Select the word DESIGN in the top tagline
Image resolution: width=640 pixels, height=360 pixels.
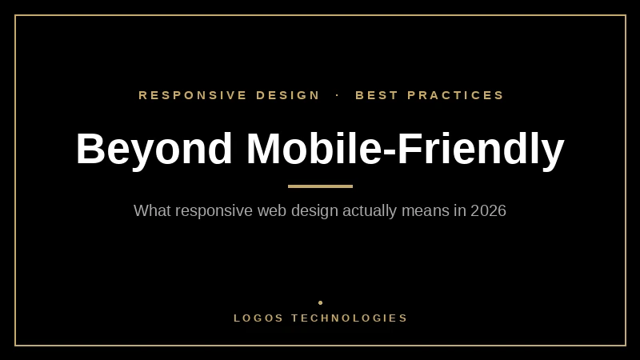pos(288,95)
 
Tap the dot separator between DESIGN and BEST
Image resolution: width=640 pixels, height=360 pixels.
pos(338,95)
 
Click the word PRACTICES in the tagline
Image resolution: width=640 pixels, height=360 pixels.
pos(456,95)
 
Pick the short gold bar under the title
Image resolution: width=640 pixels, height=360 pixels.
pos(320,186)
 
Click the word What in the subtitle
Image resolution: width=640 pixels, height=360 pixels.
pos(152,211)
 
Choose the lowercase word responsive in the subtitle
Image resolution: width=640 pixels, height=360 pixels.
pos(214,211)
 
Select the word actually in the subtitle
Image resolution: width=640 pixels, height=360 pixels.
pos(370,211)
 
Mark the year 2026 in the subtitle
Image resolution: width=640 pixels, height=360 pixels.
pos(488,211)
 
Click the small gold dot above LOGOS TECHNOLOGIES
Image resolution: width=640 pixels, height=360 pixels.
pos(320,302)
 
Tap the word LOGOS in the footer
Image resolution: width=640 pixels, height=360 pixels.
pos(258,318)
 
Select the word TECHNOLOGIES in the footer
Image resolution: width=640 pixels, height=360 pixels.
pos(350,318)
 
